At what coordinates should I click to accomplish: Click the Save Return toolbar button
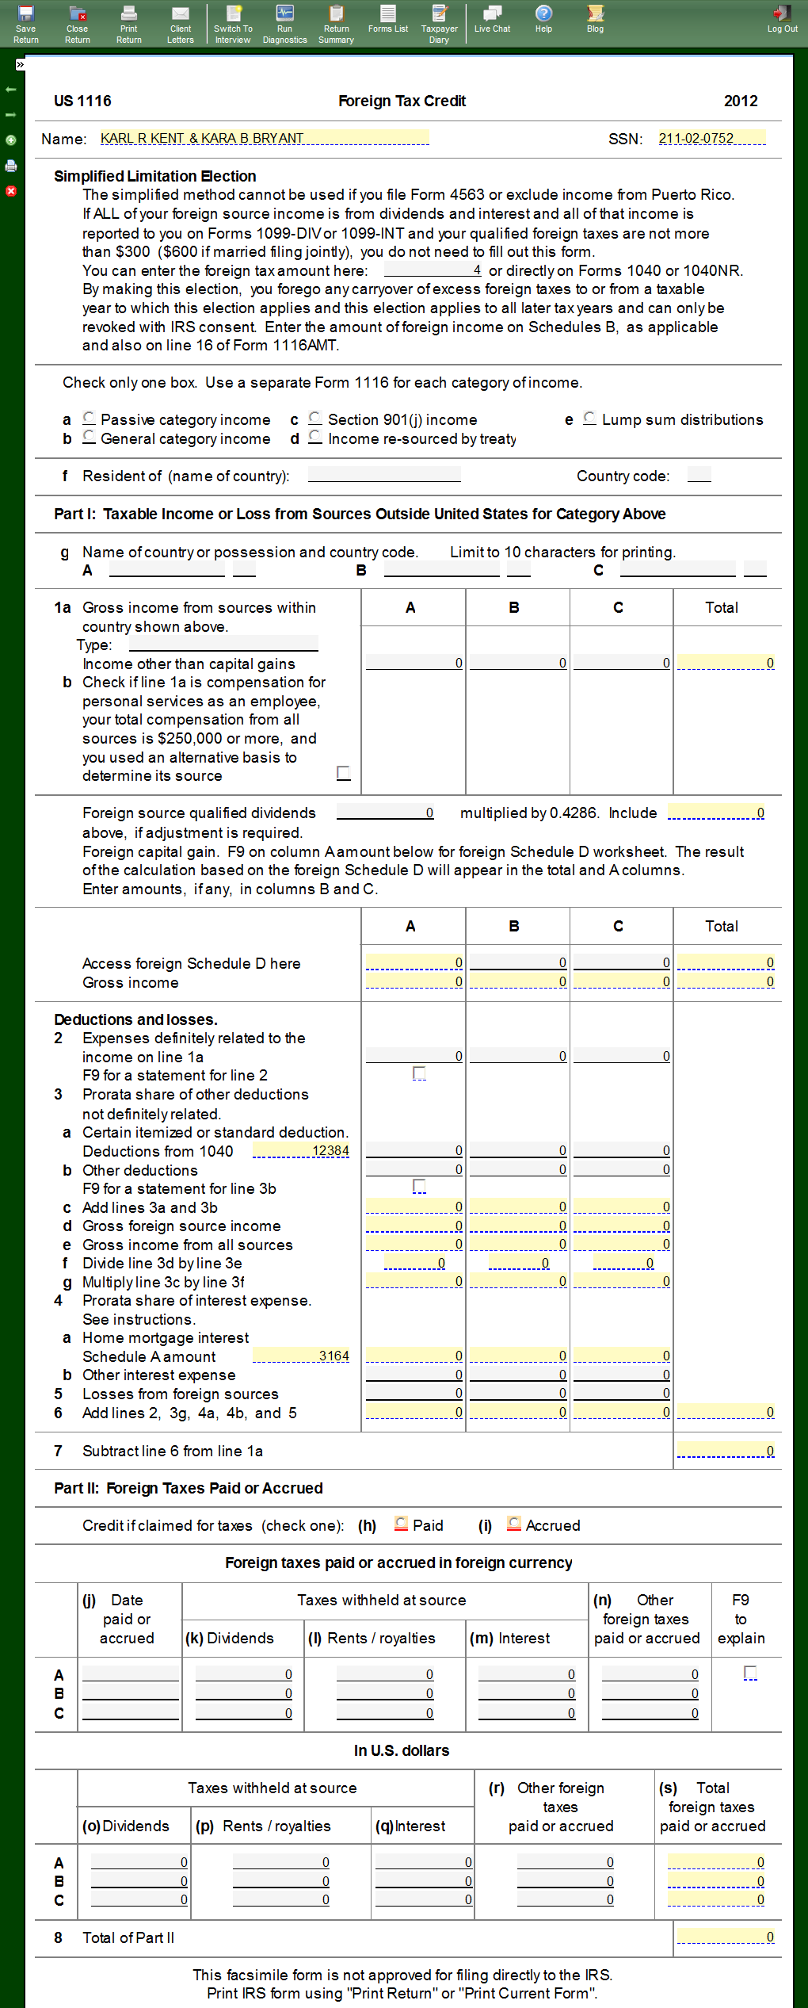(x=25, y=23)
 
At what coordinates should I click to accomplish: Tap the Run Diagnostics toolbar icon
(x=284, y=23)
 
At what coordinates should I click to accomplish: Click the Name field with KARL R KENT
(x=264, y=138)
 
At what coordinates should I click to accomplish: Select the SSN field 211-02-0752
(x=711, y=138)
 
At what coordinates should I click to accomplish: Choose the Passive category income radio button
(x=89, y=418)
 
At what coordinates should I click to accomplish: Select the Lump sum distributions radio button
(x=589, y=418)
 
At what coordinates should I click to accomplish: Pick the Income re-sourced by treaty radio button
(x=315, y=437)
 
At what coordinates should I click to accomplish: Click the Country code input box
(x=699, y=475)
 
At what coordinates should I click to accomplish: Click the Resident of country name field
(x=384, y=475)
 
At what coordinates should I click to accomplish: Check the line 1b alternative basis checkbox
(x=343, y=772)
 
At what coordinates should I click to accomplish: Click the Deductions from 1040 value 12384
(x=301, y=1150)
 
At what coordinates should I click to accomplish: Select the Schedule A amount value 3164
(x=301, y=1356)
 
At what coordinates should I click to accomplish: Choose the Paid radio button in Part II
(x=402, y=1524)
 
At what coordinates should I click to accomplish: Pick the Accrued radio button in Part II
(x=514, y=1524)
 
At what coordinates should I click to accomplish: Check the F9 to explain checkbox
(x=750, y=1672)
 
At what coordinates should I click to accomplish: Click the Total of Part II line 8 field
(x=726, y=1937)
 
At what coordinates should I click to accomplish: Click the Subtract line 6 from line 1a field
(x=726, y=1450)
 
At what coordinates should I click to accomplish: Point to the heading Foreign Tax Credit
(x=402, y=101)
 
